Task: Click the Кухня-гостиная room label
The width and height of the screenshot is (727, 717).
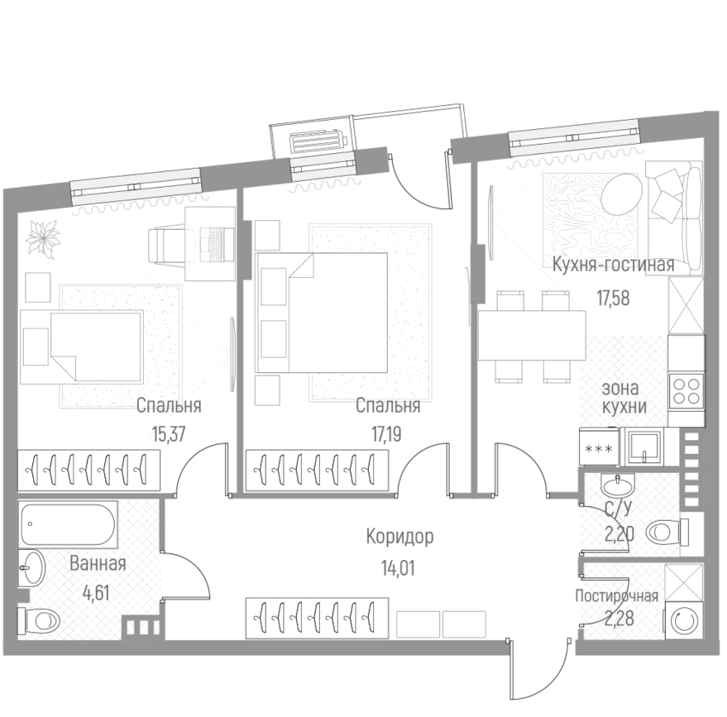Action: pyautogui.click(x=613, y=265)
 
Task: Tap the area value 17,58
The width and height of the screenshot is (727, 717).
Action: pyautogui.click(x=613, y=298)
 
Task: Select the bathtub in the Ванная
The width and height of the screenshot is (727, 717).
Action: pyautogui.click(x=68, y=523)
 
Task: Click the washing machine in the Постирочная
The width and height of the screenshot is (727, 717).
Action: pyautogui.click(x=684, y=621)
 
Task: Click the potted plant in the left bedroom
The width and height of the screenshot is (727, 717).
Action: pyautogui.click(x=41, y=238)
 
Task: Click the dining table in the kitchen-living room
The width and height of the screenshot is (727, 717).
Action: pyautogui.click(x=531, y=335)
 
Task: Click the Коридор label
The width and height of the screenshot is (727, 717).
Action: pyautogui.click(x=399, y=537)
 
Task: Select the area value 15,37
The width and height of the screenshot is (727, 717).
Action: pyautogui.click(x=169, y=433)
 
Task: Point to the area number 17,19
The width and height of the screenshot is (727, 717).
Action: pyautogui.click(x=388, y=433)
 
